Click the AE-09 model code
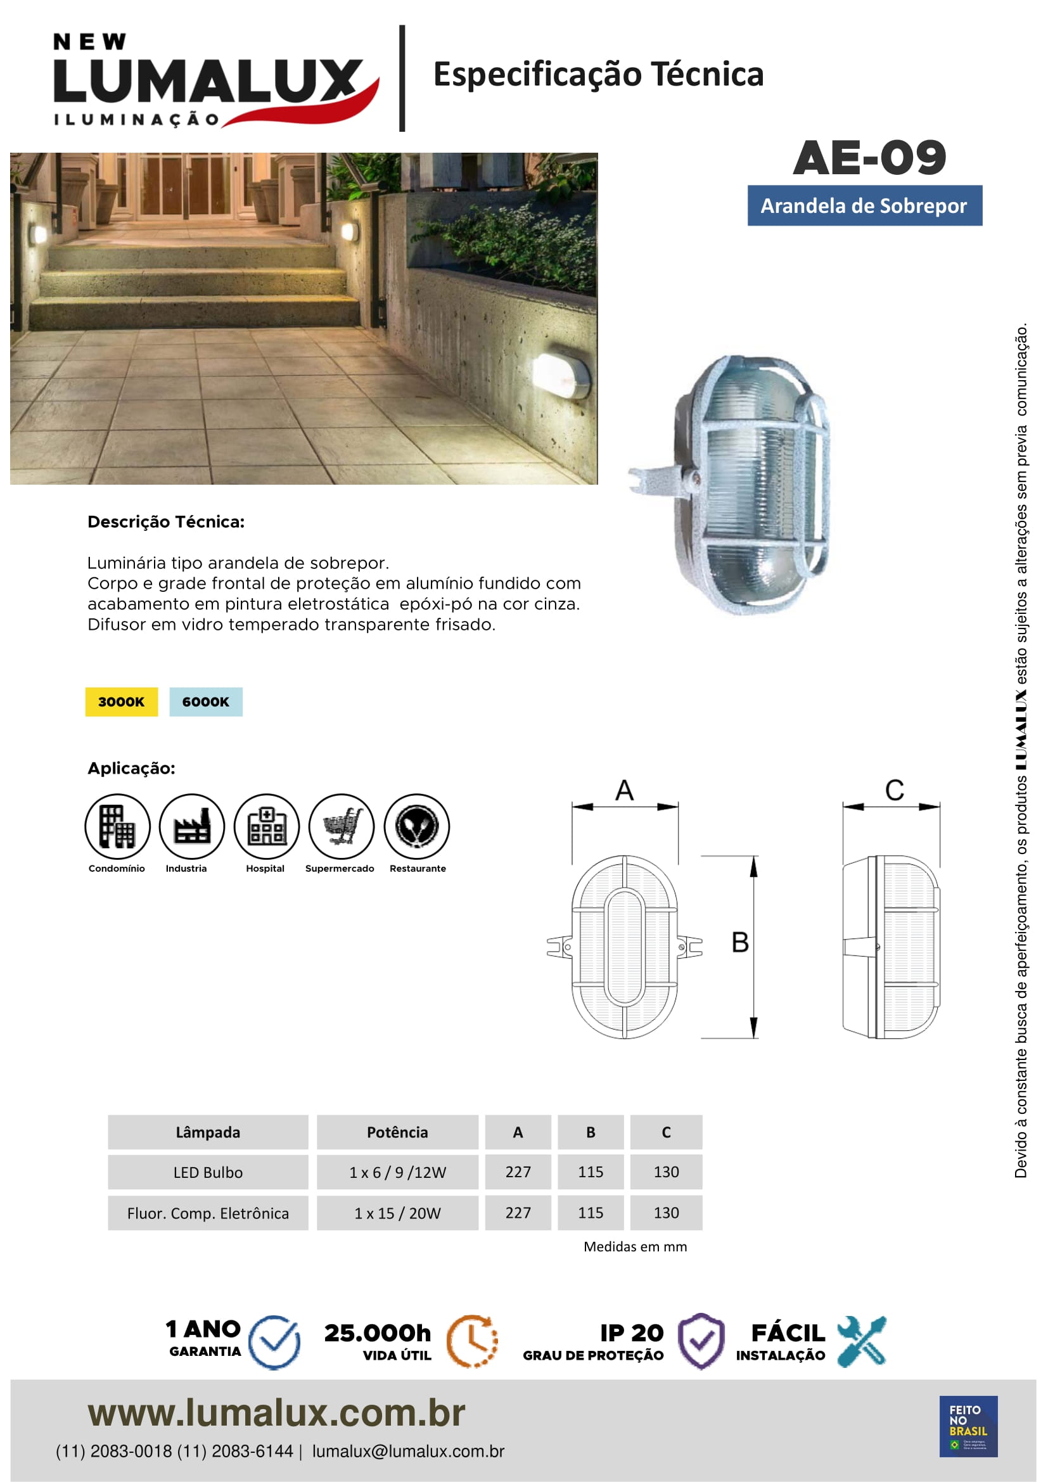point(869,158)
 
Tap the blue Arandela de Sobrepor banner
point(864,206)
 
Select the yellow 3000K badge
point(121,701)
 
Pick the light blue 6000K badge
point(206,701)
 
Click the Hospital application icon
point(267,826)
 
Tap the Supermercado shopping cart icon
point(342,826)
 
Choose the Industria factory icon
point(191,826)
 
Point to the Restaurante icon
point(417,826)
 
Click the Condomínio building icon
point(117,826)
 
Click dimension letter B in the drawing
point(739,942)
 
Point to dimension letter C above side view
point(894,791)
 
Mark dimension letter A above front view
point(624,791)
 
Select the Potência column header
point(397,1132)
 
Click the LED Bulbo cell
point(208,1172)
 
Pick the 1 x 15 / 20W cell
point(397,1213)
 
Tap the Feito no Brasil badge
point(968,1426)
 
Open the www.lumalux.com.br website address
point(276,1413)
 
